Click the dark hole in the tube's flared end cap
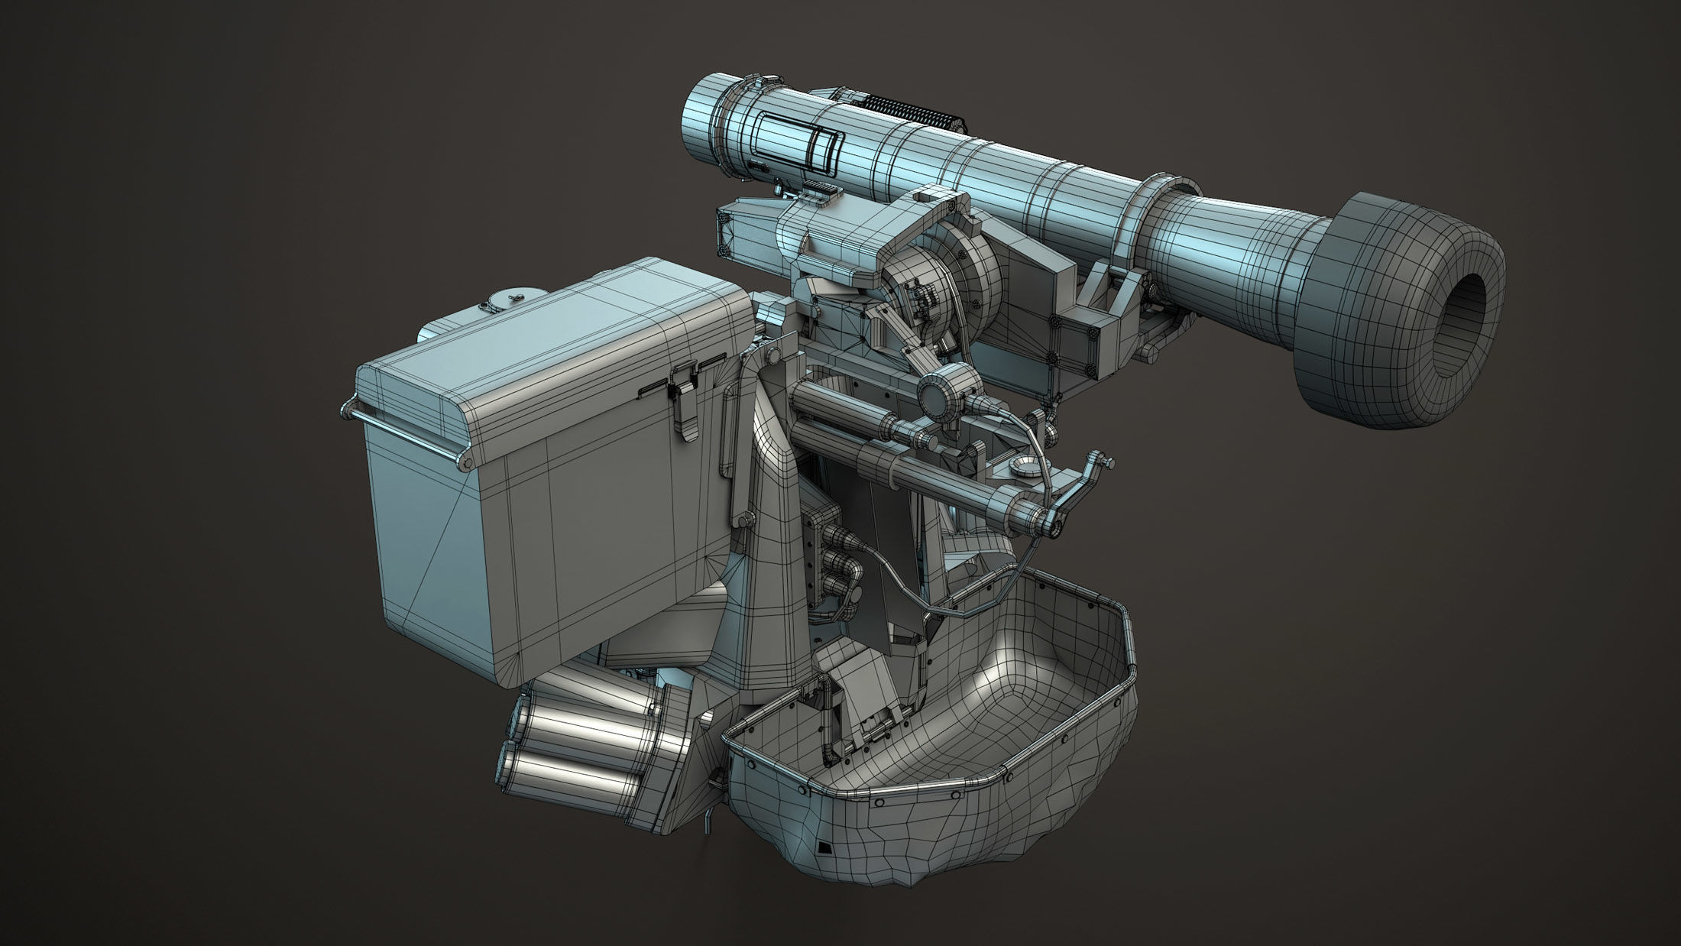click(1461, 326)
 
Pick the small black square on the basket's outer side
click(824, 847)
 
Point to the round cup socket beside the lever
click(1023, 468)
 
